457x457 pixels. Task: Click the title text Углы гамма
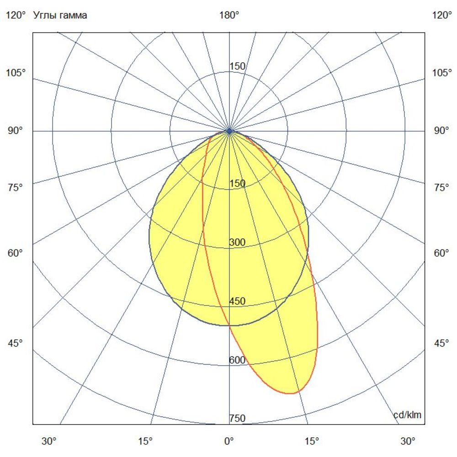pyautogui.click(x=60, y=16)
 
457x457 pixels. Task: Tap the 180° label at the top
pyautogui.click(x=229, y=16)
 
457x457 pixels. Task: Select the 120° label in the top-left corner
pyautogui.click(x=16, y=16)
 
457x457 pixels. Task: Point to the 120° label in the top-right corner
pyautogui.click(x=441, y=16)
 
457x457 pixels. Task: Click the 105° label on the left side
pyautogui.click(x=16, y=73)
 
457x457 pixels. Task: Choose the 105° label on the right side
pyautogui.click(x=441, y=73)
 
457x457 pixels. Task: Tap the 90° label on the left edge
pyautogui.click(x=16, y=131)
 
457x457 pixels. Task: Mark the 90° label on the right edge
pyautogui.click(x=441, y=131)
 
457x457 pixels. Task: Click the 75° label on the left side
pyautogui.click(x=16, y=187)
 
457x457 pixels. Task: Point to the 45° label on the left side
pyautogui.click(x=16, y=343)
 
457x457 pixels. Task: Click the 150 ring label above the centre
pyautogui.click(x=237, y=66)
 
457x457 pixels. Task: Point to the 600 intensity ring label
pyautogui.click(x=237, y=360)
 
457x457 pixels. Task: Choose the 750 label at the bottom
pyautogui.click(x=237, y=419)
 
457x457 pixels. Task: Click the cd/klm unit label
pyautogui.click(x=407, y=415)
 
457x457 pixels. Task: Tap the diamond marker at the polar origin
pyautogui.click(x=229, y=131)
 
